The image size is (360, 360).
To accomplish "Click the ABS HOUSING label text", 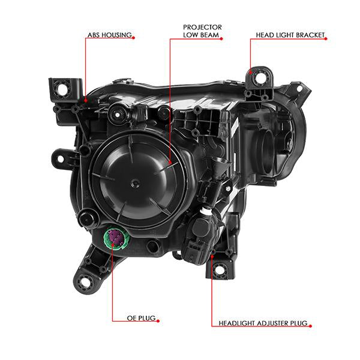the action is [110, 35].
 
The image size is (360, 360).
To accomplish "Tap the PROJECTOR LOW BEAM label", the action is [202, 31].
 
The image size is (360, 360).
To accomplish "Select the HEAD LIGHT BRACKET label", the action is [290, 35].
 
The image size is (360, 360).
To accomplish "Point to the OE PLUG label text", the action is [141, 318].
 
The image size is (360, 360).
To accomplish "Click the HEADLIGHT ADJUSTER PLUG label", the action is [263, 323].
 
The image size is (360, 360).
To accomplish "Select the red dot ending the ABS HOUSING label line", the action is [86, 100].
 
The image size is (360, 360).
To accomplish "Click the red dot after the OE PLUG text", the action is [158, 321].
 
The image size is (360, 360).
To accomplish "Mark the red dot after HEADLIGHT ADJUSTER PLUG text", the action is [310, 326].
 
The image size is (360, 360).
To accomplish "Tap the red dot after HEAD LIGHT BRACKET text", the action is [326, 39].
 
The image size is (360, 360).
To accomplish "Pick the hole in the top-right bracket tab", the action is [259, 78].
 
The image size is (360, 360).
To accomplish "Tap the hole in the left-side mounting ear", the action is [60, 158].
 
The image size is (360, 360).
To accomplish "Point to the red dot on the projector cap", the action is [170, 163].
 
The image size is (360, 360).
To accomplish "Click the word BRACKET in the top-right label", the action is [310, 35].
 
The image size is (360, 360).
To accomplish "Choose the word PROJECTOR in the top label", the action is [202, 28].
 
